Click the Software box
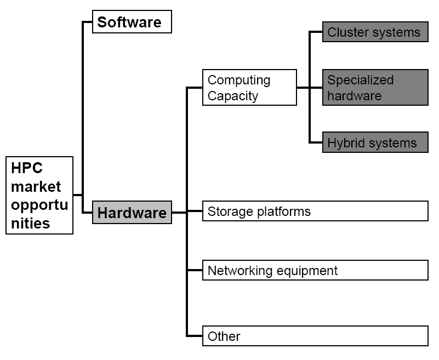pyautogui.click(x=132, y=22)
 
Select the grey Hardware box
pyautogui.click(x=132, y=213)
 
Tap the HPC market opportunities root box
pyautogui.click(x=39, y=196)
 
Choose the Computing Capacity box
pyautogui.click(x=249, y=88)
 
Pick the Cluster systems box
pyautogui.click(x=375, y=32)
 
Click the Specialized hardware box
pyautogui.click(x=375, y=88)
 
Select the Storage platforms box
pyautogui.click(x=315, y=211)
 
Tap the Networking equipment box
pyautogui.click(x=315, y=270)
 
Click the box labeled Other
pyautogui.click(x=315, y=336)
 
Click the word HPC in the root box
pyautogui.click(x=27, y=168)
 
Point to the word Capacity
pyautogui.click(x=233, y=96)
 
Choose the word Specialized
pyautogui.click(x=361, y=80)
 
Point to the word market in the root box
pyautogui.click(x=36, y=186)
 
